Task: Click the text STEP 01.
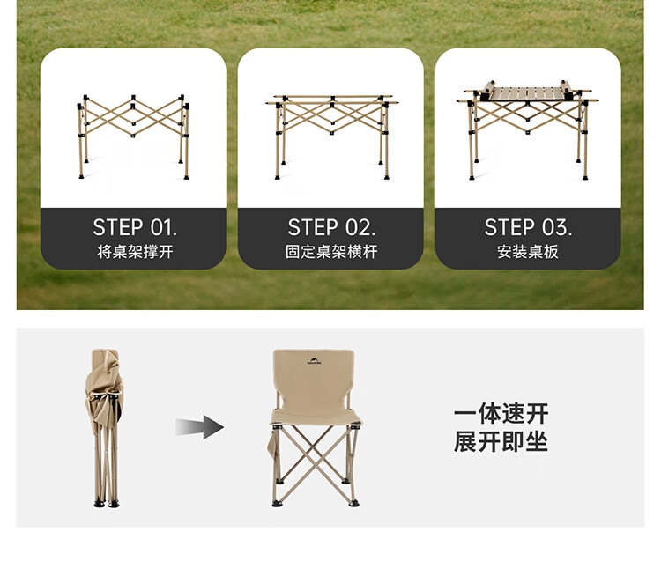135,227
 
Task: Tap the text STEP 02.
331,227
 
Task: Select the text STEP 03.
528,227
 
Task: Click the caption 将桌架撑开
135,252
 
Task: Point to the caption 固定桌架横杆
331,252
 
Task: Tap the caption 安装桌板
528,252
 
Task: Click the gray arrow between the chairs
199,427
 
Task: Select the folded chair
105,428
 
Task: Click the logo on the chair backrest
314,361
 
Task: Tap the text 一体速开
501,414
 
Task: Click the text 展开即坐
501,441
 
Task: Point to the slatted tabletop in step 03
527,93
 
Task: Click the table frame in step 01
133,137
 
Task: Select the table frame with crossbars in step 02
331,137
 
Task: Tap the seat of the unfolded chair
316,417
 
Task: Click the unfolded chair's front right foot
353,503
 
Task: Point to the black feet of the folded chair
107,503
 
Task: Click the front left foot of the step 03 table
472,177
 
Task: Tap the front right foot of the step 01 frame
186,177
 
